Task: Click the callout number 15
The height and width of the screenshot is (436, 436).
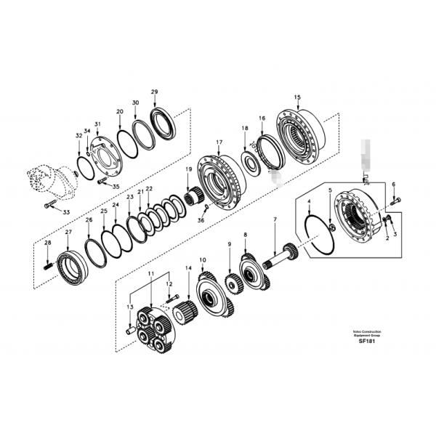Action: (x=296, y=97)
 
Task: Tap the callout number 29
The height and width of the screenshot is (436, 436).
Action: (x=154, y=92)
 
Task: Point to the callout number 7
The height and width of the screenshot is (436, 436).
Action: (x=275, y=219)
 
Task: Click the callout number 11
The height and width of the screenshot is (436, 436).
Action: (x=151, y=273)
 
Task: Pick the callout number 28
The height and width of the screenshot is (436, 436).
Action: (x=48, y=243)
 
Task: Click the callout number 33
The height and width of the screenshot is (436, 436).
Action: (x=66, y=212)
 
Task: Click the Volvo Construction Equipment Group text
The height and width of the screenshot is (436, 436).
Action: (x=361, y=334)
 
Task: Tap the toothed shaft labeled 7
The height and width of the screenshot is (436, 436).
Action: (x=280, y=258)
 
